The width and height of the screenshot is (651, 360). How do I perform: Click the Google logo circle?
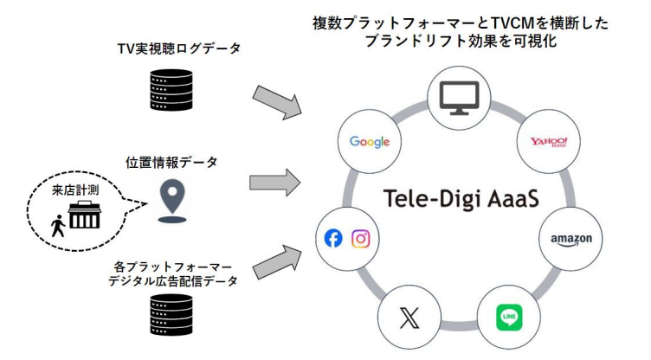point(369,142)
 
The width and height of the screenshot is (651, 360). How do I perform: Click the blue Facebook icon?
point(333,239)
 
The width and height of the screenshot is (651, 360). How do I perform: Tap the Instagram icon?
point(361,239)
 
